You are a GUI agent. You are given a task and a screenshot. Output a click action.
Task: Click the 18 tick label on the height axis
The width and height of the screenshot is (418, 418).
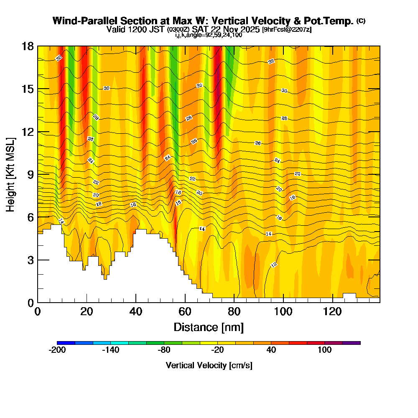[28, 46]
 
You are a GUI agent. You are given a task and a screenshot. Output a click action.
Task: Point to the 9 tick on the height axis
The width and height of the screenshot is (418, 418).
[38, 174]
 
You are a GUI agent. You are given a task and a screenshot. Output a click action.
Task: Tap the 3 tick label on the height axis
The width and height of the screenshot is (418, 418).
[30, 260]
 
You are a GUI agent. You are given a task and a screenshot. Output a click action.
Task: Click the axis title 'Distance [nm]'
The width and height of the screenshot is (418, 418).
[209, 327]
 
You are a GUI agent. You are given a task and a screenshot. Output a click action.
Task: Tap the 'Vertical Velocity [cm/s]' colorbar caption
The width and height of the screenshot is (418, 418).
[209, 365]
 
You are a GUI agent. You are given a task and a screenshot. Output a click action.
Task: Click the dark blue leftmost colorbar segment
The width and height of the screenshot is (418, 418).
[66, 343]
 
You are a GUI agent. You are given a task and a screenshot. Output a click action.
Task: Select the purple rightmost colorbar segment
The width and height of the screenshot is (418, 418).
[351, 343]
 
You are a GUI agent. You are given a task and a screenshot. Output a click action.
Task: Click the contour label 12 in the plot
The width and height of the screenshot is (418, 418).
[274, 265]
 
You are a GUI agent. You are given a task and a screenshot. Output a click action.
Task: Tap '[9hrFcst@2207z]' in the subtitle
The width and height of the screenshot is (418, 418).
[286, 30]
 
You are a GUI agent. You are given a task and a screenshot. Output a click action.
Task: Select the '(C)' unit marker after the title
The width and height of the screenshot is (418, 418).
[361, 21]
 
